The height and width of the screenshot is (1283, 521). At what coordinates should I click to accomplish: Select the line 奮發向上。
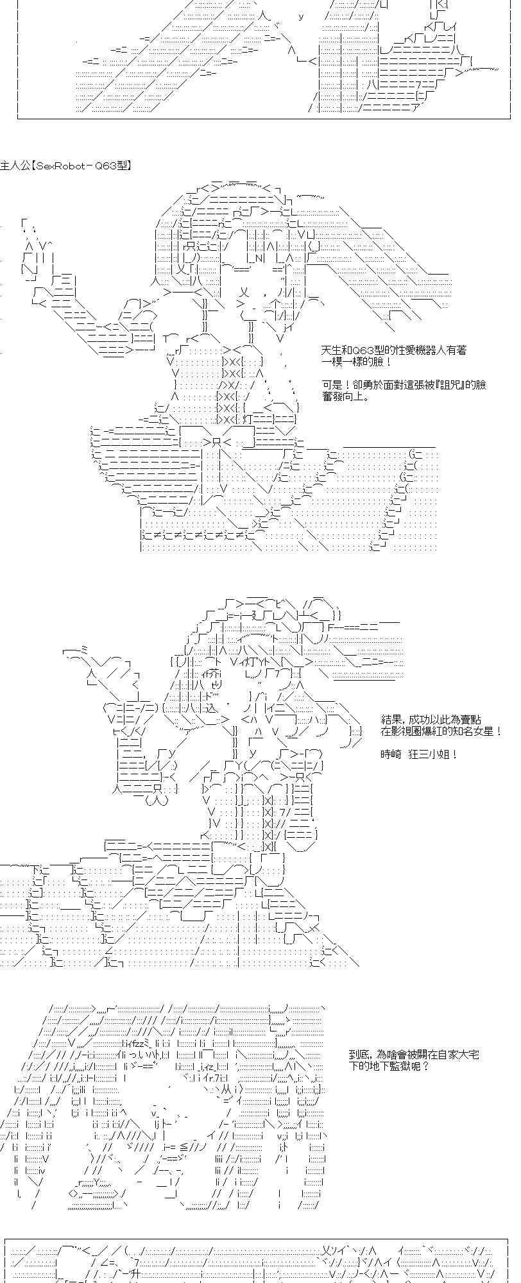[346, 396]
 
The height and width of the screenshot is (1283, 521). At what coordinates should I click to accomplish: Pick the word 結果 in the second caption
[389, 720]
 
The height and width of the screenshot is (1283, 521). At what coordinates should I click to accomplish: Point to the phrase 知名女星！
[478, 732]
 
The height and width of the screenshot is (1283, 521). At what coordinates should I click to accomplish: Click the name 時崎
[389, 755]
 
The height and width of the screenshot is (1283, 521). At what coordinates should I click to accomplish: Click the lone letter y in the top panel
[301, 17]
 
